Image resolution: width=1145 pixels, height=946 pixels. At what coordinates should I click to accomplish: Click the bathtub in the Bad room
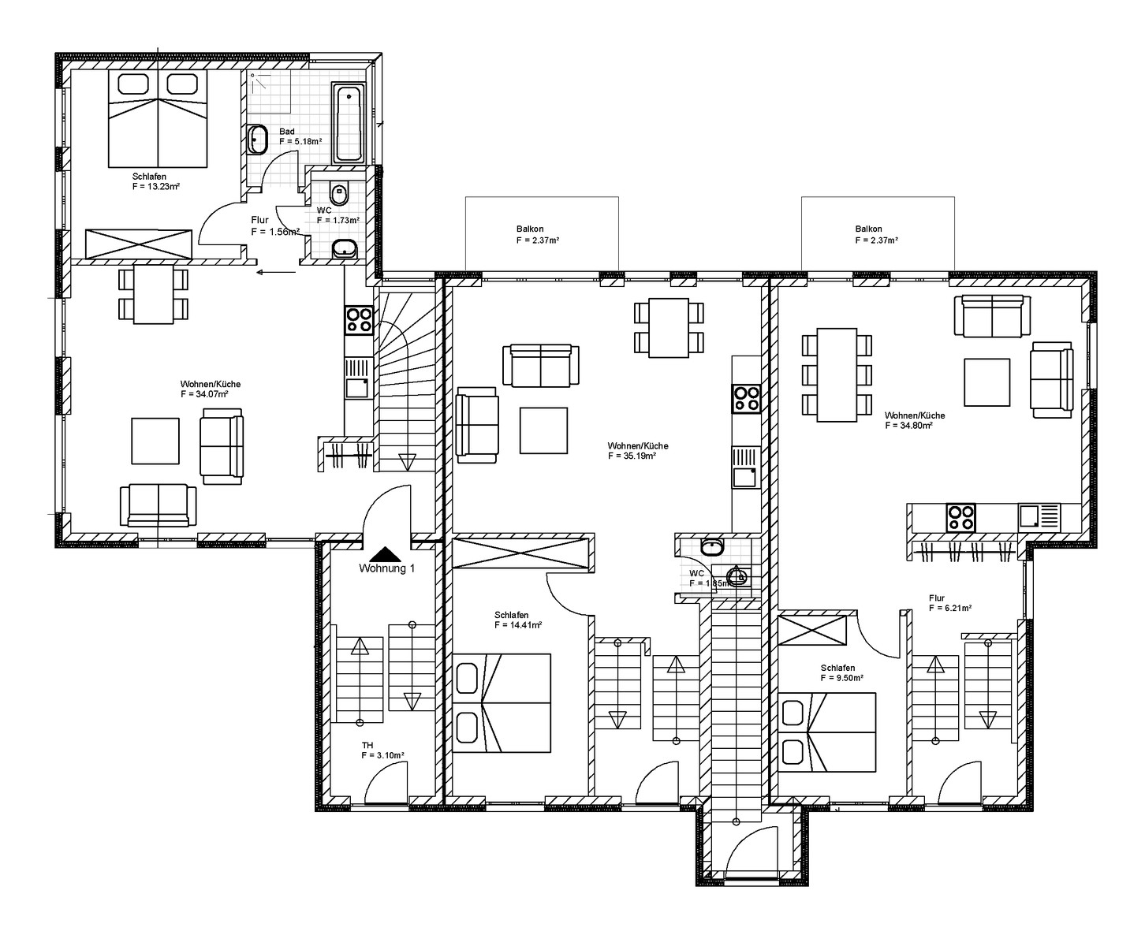[349, 123]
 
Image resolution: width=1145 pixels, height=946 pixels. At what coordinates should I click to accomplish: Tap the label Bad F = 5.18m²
[300, 136]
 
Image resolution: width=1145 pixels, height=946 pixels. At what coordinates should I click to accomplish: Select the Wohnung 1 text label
[386, 568]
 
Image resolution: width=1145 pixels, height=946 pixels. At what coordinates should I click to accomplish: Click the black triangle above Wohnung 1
[386, 553]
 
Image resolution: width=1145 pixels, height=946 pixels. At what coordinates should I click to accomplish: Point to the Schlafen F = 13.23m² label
[155, 181]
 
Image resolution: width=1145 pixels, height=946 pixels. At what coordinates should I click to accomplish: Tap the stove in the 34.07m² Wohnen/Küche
[359, 320]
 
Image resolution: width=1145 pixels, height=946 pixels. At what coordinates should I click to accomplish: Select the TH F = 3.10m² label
[382, 750]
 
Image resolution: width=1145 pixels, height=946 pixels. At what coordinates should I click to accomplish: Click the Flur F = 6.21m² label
[950, 603]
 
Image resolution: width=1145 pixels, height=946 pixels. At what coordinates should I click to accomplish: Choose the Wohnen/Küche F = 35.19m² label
[638, 451]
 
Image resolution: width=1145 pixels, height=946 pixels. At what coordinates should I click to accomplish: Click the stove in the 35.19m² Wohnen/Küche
[746, 399]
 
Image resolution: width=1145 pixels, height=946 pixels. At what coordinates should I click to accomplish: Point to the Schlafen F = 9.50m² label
[841, 673]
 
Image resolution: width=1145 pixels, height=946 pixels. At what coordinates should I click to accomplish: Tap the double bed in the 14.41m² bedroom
[502, 703]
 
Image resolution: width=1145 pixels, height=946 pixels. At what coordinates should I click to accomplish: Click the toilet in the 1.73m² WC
[339, 193]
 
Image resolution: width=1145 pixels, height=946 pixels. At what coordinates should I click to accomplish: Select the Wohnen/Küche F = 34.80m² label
[915, 421]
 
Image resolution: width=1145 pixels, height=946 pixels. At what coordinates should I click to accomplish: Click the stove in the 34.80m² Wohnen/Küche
[960, 518]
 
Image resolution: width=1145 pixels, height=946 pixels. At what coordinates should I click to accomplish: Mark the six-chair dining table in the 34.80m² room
[837, 375]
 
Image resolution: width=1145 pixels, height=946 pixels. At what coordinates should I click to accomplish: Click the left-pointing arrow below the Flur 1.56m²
[276, 271]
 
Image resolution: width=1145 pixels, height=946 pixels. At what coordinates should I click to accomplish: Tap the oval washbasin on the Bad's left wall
[256, 140]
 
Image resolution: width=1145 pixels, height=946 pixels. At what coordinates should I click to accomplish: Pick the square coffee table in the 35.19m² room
[543, 430]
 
